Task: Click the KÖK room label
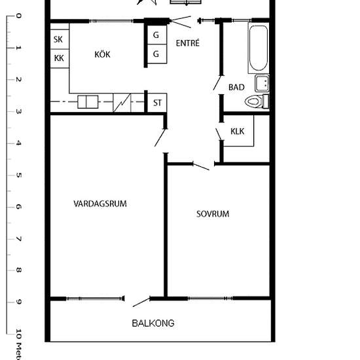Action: point(102,54)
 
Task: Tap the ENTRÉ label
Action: point(188,43)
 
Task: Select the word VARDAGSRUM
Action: point(100,204)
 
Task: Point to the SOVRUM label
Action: point(213,214)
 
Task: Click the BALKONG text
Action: point(153,323)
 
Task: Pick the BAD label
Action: point(236,87)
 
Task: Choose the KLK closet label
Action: point(238,132)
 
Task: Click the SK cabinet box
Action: point(60,39)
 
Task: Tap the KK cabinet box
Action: point(60,58)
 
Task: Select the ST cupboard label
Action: point(157,103)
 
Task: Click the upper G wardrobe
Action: point(157,35)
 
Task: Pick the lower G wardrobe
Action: point(157,54)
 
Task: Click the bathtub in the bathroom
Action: point(259,48)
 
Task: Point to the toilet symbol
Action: point(257,101)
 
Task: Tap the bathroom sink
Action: point(262,83)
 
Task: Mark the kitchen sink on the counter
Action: point(88,101)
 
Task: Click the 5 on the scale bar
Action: point(18,175)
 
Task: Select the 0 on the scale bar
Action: point(18,16)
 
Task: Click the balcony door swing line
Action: point(141,302)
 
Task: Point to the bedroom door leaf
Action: point(201,167)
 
